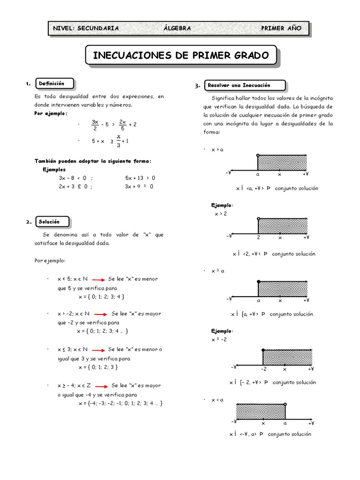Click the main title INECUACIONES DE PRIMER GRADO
tap(181, 55)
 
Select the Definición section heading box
tap(54, 83)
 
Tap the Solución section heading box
tap(52, 222)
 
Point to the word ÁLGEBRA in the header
tap(177, 28)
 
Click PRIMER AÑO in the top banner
tap(281, 28)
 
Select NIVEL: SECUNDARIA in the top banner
tap(86, 28)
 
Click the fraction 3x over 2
tap(95, 124)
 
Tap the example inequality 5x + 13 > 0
tap(140, 178)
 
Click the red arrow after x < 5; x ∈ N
tap(98, 279)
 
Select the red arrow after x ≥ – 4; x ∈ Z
tap(102, 386)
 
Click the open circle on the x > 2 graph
tap(258, 218)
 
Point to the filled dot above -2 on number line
tap(263, 350)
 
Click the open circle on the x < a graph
tap(285, 404)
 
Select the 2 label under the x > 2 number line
tap(258, 238)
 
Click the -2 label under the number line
tap(263, 369)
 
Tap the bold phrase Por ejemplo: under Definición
tap(51, 113)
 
